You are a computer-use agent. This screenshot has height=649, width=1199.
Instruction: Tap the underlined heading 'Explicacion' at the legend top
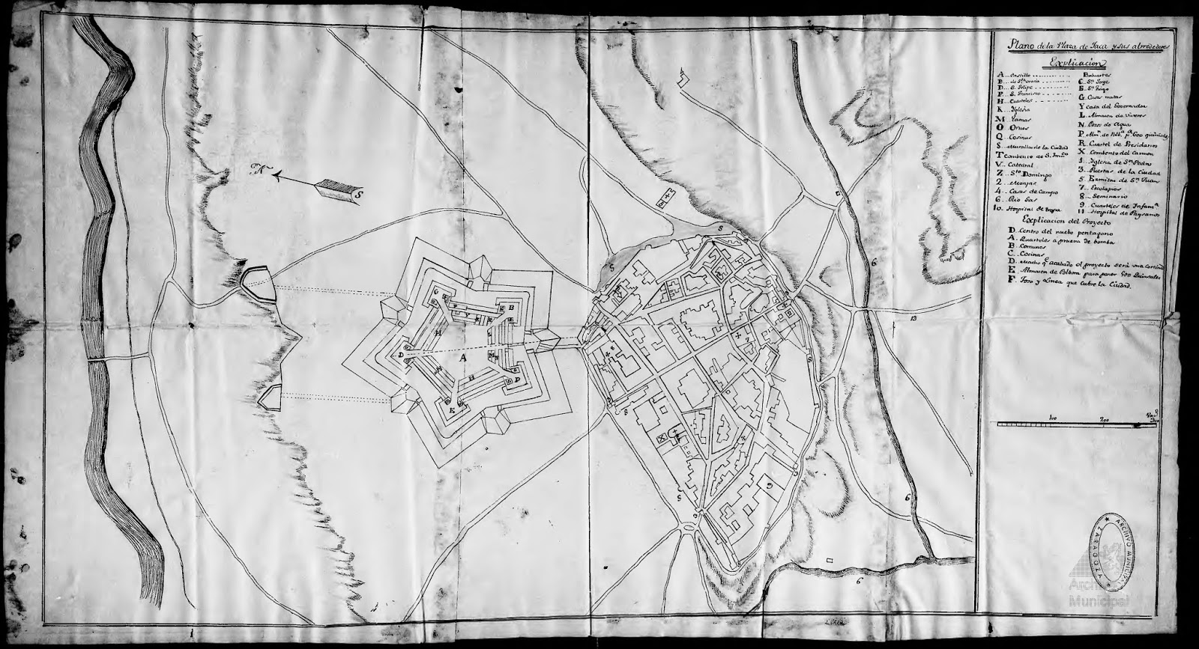[x=1075, y=64]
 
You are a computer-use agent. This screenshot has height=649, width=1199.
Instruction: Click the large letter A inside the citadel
[x=462, y=358]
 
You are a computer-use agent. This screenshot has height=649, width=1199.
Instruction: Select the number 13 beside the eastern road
[x=913, y=319]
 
